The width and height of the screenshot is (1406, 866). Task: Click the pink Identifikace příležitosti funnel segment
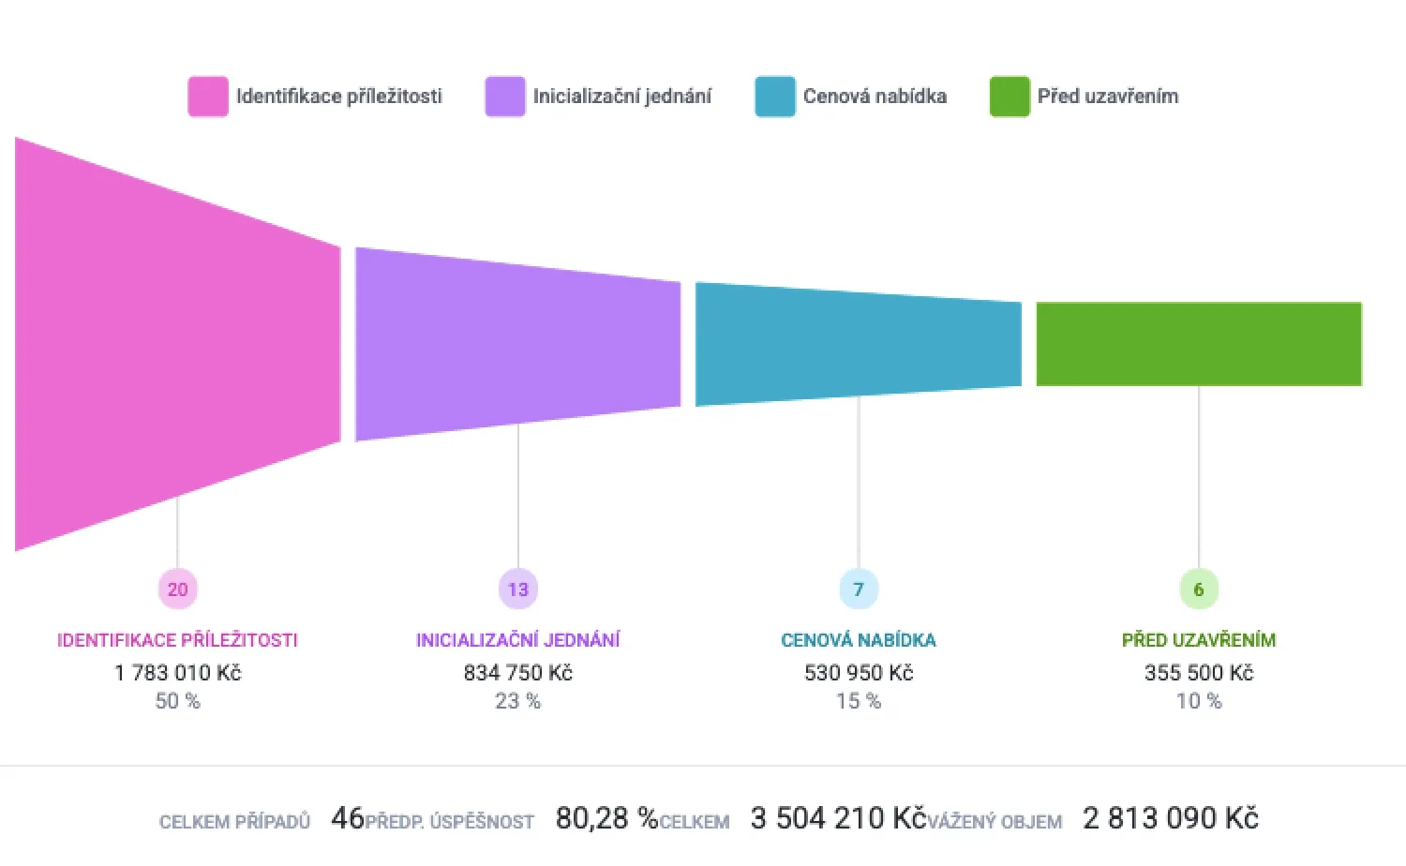click(x=178, y=344)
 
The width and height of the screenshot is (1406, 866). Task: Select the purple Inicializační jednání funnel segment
click(x=518, y=344)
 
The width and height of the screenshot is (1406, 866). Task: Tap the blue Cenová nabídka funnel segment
click(x=859, y=344)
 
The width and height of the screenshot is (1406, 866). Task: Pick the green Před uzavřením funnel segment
click(x=1199, y=344)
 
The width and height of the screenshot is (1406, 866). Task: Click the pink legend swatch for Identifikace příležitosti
click(x=208, y=97)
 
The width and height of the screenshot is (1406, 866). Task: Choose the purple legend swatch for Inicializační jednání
click(x=505, y=97)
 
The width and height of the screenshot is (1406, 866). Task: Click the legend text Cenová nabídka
click(x=875, y=97)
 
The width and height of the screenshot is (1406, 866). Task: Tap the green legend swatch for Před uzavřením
click(x=1010, y=97)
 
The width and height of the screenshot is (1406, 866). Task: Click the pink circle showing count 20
click(x=178, y=590)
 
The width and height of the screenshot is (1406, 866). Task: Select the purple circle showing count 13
click(x=518, y=590)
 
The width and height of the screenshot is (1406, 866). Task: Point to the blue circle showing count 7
click(x=859, y=590)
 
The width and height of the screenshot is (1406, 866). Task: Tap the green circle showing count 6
click(x=1199, y=590)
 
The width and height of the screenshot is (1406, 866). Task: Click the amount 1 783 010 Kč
click(x=178, y=673)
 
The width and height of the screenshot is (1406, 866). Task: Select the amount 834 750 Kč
click(x=518, y=673)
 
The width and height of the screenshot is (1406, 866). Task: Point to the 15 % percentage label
click(x=859, y=701)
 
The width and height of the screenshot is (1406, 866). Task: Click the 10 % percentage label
click(x=1199, y=701)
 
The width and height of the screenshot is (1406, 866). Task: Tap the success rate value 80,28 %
click(x=606, y=818)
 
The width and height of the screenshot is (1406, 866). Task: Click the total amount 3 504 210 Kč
click(x=838, y=818)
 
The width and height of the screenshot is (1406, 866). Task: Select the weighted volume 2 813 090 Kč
click(x=1170, y=818)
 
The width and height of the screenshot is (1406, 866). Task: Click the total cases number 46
click(x=348, y=818)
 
